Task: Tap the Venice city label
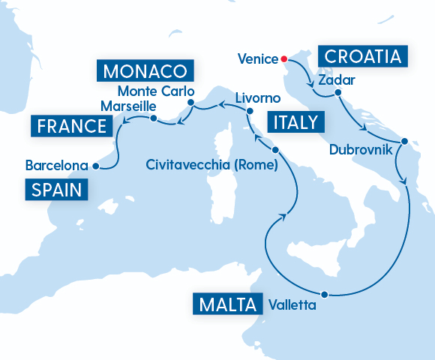[x=257, y=58]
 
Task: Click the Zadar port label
[x=335, y=79]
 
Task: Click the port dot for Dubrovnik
[x=404, y=141]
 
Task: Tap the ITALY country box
[x=295, y=122]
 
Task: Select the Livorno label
[x=257, y=99]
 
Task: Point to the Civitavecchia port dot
[x=275, y=150]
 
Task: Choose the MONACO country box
[x=144, y=72]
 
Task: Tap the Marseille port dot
[x=153, y=118]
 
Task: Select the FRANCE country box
[x=69, y=125]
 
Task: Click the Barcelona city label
[x=57, y=165]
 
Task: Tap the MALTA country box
[x=227, y=305]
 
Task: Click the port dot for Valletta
[x=324, y=294]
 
